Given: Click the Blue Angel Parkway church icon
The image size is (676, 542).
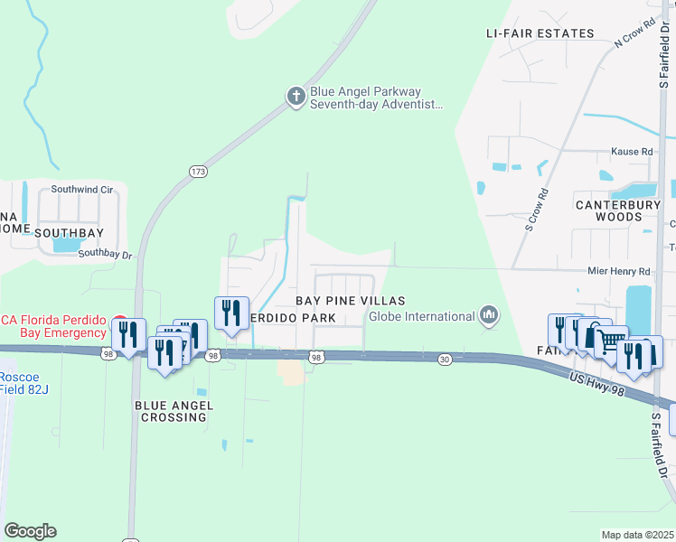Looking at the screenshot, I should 296,98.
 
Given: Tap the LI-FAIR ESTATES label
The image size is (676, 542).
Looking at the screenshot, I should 540,33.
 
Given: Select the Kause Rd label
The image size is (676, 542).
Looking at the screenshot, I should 632,152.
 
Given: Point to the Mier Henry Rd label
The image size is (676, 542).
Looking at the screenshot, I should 618,271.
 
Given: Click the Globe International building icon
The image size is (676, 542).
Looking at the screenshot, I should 489,315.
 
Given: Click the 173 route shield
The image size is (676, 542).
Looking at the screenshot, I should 199,171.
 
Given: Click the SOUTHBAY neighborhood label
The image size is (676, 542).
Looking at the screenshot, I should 70,232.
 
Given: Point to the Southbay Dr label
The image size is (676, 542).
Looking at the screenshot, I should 105,255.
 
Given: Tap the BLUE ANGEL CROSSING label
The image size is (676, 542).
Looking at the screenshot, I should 174,412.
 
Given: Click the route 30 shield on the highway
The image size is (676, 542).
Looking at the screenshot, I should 445,360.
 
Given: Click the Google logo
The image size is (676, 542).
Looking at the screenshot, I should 30,531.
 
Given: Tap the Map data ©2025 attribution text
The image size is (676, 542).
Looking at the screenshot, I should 636,535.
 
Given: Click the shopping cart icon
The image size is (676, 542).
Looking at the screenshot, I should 611,341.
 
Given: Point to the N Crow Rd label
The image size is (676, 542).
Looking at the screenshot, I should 634,34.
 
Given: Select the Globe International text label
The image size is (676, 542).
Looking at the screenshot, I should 422,316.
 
